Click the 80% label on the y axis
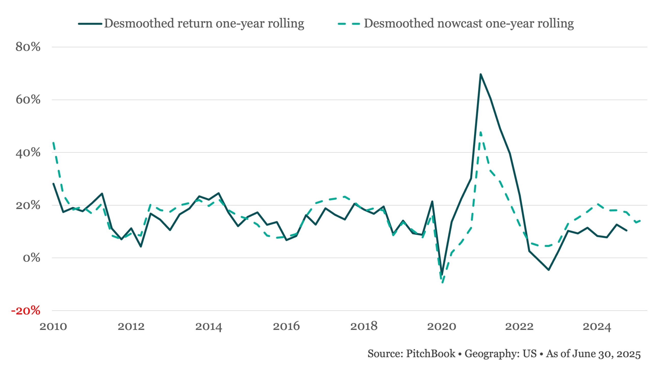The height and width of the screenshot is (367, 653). click(28, 47)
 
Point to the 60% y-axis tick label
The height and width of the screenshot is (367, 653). click(28, 100)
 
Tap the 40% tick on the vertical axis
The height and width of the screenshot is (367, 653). click(28, 152)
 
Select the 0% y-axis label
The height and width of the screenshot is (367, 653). click(31, 258)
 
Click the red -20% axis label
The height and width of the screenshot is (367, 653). click(26, 311)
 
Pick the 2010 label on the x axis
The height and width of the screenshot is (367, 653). click(53, 326)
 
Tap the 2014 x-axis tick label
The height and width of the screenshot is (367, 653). click(209, 326)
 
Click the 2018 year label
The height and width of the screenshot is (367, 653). click(364, 326)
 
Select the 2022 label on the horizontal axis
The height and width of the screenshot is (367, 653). click(519, 326)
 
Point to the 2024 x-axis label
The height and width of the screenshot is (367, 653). click(597, 326)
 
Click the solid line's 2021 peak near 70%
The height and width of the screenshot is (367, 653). click(481, 74)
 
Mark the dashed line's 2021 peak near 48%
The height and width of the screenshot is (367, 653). click(481, 132)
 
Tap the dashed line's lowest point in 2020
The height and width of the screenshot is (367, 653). click(442, 282)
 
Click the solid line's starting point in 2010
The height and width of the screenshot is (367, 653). click(53, 184)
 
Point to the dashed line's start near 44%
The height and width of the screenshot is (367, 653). click(53, 143)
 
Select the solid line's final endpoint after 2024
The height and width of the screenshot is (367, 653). click(626, 230)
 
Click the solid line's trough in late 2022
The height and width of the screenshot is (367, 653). click(549, 270)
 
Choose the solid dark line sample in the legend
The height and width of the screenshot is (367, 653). click(90, 24)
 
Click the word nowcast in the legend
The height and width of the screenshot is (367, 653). click(460, 23)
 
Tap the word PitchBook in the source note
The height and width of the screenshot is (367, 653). click(431, 353)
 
